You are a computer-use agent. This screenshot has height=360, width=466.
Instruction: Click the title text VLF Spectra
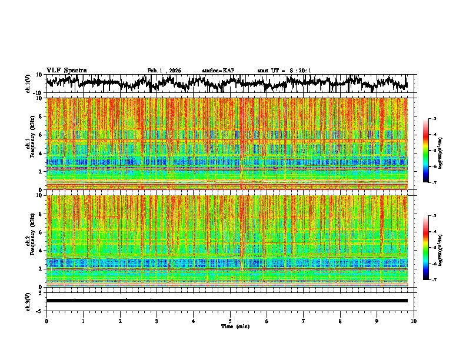(66, 71)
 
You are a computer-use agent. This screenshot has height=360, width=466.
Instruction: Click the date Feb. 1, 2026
(164, 71)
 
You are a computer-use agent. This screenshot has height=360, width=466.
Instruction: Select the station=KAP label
(218, 71)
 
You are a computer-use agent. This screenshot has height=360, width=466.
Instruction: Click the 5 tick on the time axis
(230, 321)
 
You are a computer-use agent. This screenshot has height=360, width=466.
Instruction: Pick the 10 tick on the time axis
(414, 321)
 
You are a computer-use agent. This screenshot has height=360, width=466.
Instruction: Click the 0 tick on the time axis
(46, 321)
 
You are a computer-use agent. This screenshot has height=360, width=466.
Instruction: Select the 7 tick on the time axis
(304, 321)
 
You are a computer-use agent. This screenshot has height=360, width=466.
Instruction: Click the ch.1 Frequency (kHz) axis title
(31, 144)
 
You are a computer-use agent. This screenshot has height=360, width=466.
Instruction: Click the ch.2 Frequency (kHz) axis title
(31, 241)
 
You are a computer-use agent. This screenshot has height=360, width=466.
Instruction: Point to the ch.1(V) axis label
(29, 84)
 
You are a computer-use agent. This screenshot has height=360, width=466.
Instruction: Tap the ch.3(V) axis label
(29, 301)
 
